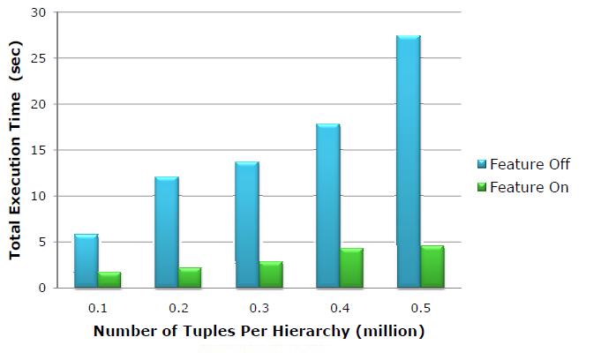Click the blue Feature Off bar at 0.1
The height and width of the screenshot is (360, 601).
pyautogui.click(x=86, y=261)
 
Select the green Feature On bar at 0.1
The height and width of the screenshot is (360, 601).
pyautogui.click(x=109, y=280)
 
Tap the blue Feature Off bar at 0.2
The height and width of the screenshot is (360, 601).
pyautogui.click(x=167, y=233)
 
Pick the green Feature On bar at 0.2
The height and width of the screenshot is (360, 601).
pyautogui.click(x=190, y=278)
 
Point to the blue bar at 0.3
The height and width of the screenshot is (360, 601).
pyautogui.click(x=247, y=225)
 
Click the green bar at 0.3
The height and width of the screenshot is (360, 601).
pyautogui.click(x=271, y=274)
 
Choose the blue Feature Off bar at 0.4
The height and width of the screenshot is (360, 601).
pyautogui.click(x=328, y=206)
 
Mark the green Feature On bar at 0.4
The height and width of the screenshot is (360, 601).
pyautogui.click(x=351, y=268)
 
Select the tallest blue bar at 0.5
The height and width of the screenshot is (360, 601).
pyautogui.click(x=409, y=162)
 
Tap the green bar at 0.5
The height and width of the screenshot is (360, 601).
pyautogui.click(x=432, y=266)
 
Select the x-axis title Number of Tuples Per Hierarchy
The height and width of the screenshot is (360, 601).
pyautogui.click(x=259, y=332)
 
